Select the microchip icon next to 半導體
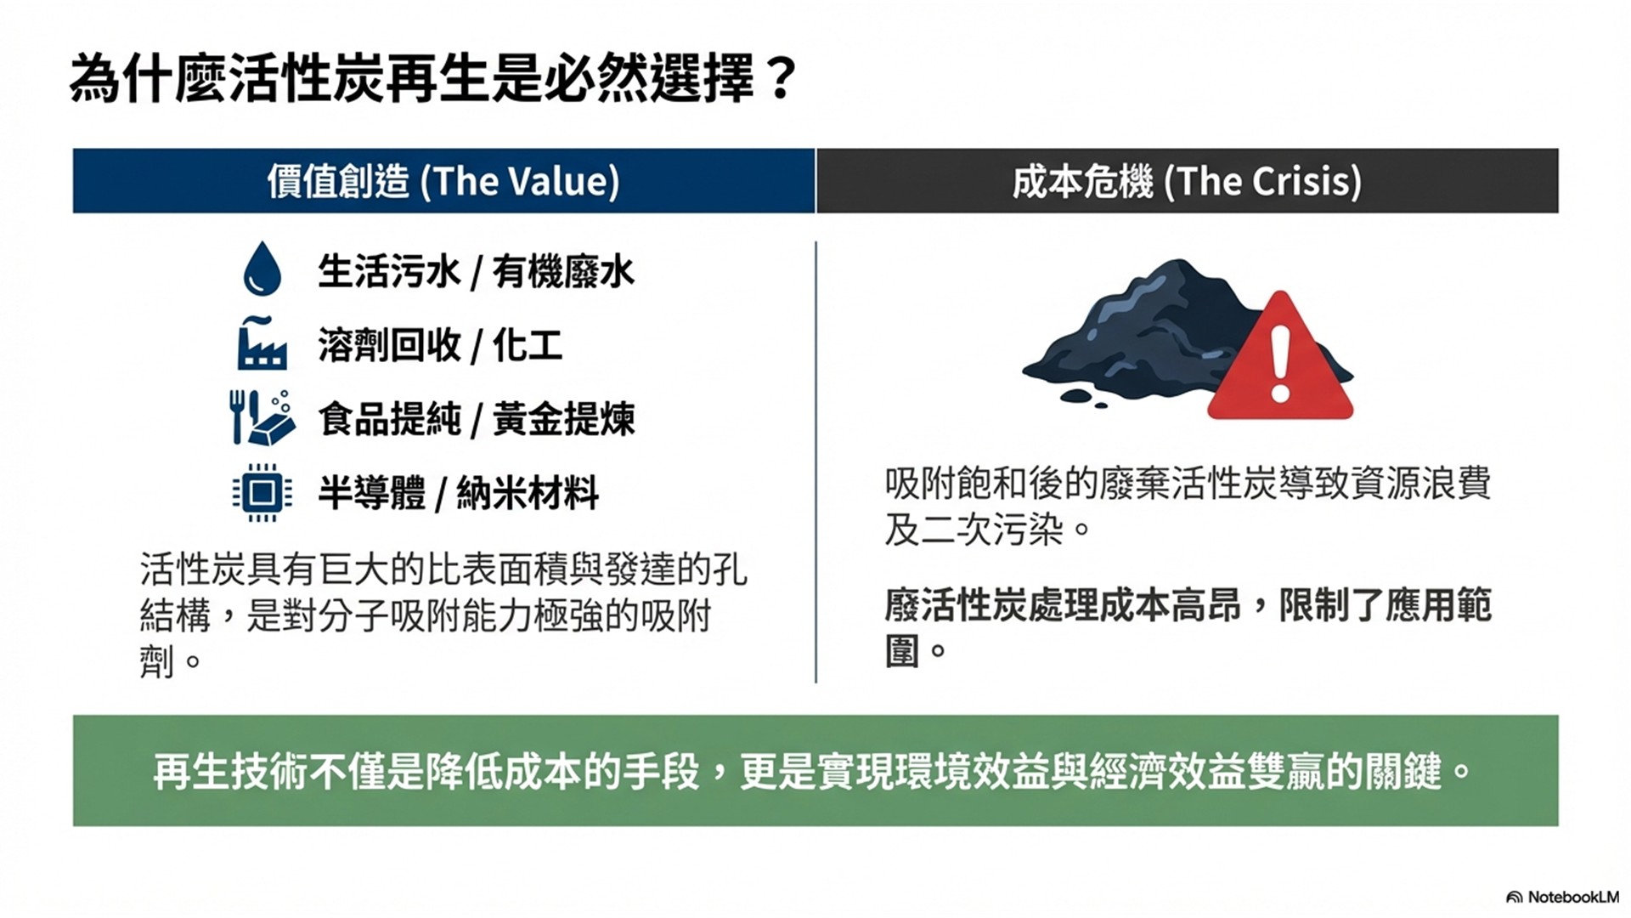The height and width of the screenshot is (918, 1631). pos(262,492)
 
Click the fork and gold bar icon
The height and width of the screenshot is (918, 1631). pos(262,417)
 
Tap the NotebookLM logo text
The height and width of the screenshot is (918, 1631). pos(1563,897)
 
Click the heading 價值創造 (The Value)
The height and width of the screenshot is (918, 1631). pos(443,181)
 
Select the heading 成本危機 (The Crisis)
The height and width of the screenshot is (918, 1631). pos(1187,181)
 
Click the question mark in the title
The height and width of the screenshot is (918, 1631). pos(778,79)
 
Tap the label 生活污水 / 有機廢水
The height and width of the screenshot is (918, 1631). pos(476,272)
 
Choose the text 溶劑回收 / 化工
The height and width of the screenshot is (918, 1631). pos(440,345)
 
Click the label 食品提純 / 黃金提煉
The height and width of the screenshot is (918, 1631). pos(476,419)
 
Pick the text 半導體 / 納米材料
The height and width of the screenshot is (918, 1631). pos(458,493)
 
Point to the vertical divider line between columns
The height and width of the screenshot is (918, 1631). pos(815,462)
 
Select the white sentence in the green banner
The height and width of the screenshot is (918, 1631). pos(812,772)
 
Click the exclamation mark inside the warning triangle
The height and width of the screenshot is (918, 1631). pos(1280,364)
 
